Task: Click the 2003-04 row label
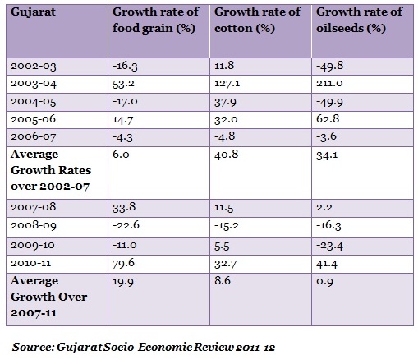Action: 34,84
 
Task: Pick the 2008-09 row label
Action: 34,226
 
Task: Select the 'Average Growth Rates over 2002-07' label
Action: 51,170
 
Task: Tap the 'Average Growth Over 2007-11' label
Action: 49,297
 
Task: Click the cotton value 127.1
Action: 227,83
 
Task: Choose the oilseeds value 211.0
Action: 329,83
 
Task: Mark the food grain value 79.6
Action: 123,263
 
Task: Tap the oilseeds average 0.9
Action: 325,281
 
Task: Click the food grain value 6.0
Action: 121,155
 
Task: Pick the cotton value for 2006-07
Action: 225,136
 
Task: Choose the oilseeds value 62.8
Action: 328,119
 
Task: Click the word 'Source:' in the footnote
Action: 33,347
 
